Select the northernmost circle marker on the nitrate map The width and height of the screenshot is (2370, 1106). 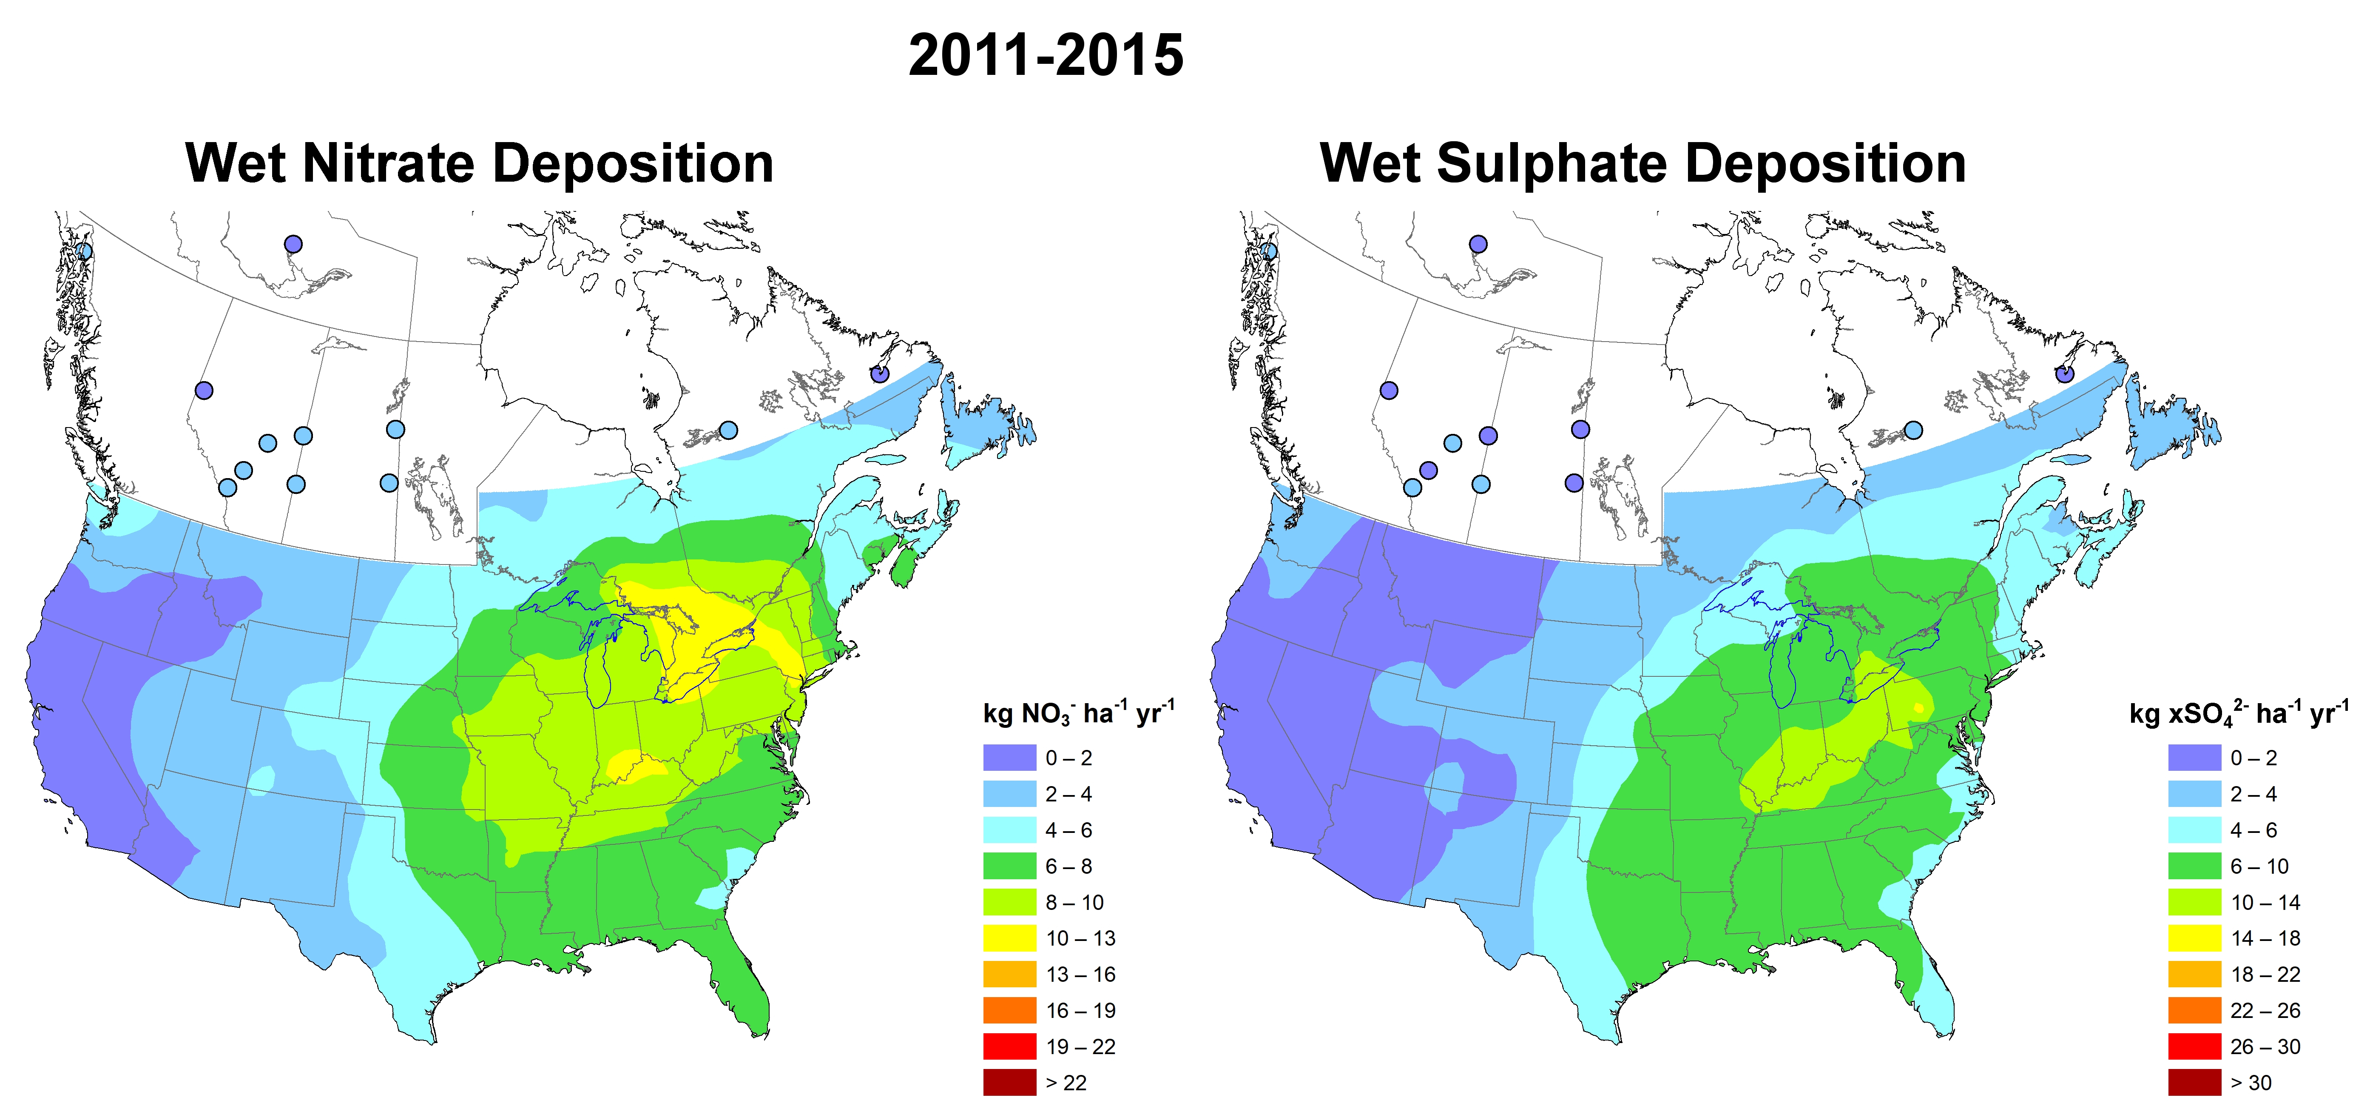coord(293,244)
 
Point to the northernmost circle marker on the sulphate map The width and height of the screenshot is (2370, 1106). coord(1478,244)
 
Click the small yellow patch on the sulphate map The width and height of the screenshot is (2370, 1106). coord(1918,707)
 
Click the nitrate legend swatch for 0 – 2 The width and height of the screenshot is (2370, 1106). coord(1009,758)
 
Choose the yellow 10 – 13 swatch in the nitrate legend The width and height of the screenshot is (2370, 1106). coord(1009,938)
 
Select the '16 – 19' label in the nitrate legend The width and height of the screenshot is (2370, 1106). coord(1080,1010)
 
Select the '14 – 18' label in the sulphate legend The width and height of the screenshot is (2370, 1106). coord(2265,938)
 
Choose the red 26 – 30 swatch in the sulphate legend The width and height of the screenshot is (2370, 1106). coord(2194,1047)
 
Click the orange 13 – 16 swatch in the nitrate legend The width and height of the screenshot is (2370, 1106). coord(1009,975)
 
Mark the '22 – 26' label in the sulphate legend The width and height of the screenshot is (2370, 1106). coord(2265,1010)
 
